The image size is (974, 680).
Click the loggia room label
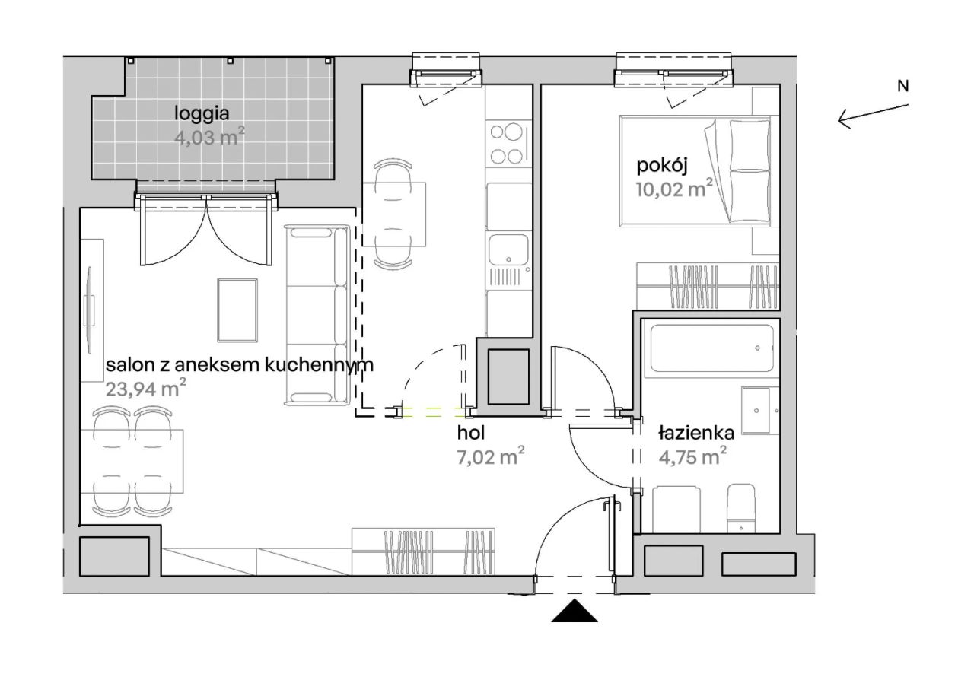(x=202, y=114)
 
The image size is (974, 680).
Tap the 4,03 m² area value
(x=209, y=138)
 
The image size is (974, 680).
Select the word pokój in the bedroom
(x=662, y=167)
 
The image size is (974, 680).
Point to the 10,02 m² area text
(x=674, y=189)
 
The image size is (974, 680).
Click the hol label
(x=471, y=433)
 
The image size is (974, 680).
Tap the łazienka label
(x=696, y=433)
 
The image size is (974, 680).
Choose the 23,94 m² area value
(x=145, y=388)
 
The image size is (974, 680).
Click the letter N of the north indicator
(x=903, y=87)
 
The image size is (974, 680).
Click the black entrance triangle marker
(x=575, y=611)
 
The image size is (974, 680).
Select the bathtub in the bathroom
(x=711, y=348)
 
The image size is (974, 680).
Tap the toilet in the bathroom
(x=741, y=508)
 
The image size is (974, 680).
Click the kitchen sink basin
(x=509, y=249)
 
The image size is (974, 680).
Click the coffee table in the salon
(x=237, y=310)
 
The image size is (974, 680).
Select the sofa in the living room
(x=317, y=315)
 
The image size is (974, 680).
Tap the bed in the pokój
(x=695, y=171)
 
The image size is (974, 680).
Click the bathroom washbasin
(x=760, y=411)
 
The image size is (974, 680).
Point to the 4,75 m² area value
(x=692, y=457)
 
